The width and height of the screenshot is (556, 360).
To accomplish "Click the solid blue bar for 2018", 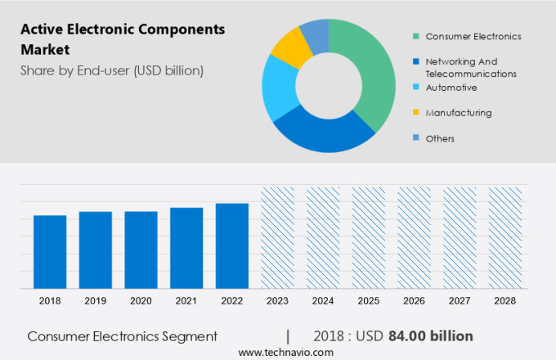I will point(50,251).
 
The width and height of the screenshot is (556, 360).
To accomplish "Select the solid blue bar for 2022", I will point(232,245).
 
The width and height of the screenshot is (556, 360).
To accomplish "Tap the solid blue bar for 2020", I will point(141,250).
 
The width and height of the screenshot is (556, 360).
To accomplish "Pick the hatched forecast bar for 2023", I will point(277,237).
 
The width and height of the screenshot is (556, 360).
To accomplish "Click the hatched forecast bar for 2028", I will point(504,237).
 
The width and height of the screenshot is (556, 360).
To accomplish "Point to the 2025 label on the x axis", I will point(368,301).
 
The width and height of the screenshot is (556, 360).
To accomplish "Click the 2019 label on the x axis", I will point(96,301).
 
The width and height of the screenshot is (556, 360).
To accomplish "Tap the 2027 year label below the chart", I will point(460,301).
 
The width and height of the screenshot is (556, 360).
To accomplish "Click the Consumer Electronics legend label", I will point(473,36).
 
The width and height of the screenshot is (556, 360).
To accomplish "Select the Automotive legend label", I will point(451,88).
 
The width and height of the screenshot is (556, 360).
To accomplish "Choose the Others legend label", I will point(440,138).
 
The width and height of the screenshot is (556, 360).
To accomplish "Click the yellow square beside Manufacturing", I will point(416,113).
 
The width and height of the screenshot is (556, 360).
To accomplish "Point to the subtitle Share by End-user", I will point(111,70).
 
